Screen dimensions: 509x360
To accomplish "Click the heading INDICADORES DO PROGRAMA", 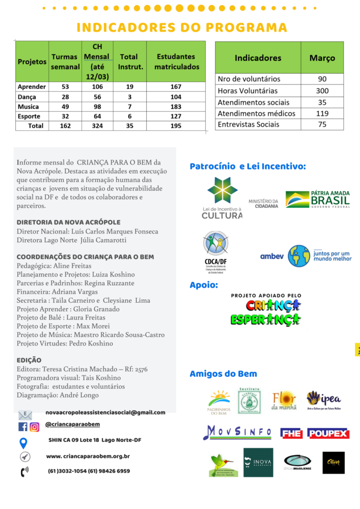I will [x=182, y=27].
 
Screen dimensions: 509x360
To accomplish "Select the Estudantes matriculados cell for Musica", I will [x=176, y=107].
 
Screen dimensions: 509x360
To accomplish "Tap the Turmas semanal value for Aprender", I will [x=65, y=87].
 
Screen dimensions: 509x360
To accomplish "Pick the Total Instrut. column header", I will [x=129, y=62].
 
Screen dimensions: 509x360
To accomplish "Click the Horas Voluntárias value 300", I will [x=322, y=91].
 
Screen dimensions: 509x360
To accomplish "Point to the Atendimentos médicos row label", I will [x=256, y=113].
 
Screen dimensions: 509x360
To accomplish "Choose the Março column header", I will [x=322, y=58].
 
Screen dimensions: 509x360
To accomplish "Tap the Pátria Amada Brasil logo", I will [x=318, y=199].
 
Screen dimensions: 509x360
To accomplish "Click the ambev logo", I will [x=271, y=256].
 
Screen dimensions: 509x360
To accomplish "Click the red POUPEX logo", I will [x=328, y=433].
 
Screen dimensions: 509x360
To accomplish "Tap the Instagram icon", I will [x=34, y=426].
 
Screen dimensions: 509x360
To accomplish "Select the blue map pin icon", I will [x=23, y=442].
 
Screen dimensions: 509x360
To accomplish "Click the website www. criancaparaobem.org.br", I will [x=88, y=456].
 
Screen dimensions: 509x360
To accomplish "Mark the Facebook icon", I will [x=23, y=426].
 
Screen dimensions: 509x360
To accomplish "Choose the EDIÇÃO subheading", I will [x=29, y=360].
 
